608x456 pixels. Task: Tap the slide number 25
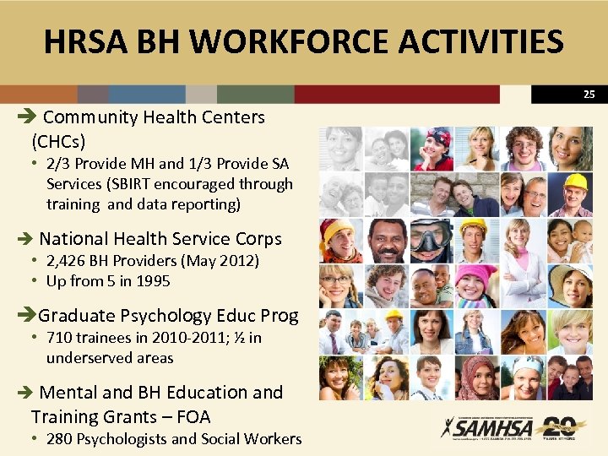pos(589,95)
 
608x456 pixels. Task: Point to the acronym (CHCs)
pos(58,141)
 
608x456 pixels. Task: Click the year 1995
pos(153,281)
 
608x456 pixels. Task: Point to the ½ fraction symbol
pos(239,338)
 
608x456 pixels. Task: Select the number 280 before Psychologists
pos(60,438)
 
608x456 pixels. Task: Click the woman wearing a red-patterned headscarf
pos(478,377)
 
